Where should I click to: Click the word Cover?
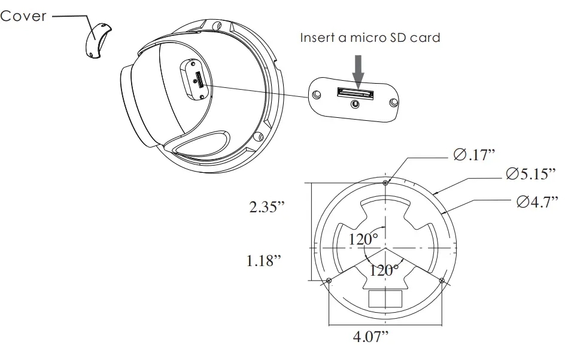[23, 16]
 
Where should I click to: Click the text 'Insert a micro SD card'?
[370, 38]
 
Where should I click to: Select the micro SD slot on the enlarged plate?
[355, 93]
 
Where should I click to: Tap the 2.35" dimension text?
[267, 207]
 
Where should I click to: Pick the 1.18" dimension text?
[264, 261]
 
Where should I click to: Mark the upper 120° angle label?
[363, 239]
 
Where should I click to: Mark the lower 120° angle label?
[384, 270]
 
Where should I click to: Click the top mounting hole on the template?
[385, 182]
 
